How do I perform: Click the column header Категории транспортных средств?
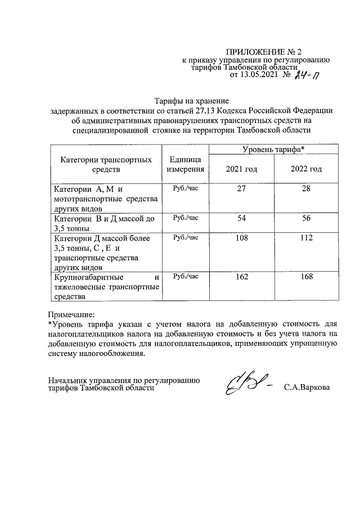(106, 164)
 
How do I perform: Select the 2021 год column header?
(241, 169)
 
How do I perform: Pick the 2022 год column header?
(306, 169)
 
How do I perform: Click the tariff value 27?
(241, 189)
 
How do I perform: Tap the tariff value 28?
(306, 189)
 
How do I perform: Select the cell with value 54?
(241, 218)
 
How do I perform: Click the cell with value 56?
(306, 218)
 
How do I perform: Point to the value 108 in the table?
(241, 238)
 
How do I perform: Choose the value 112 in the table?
(306, 238)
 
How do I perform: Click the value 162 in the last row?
(241, 277)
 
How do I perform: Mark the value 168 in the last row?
(306, 277)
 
